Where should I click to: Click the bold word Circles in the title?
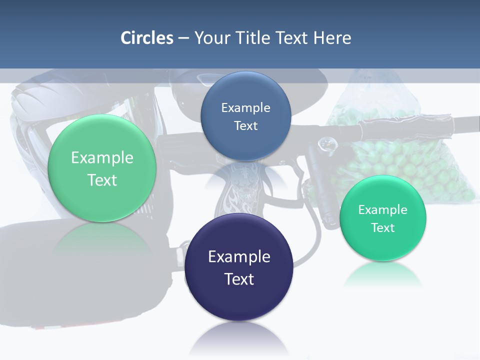point(146,38)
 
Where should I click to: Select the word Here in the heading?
point(332,38)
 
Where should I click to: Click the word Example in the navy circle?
point(239,257)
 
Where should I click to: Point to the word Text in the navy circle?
point(239,279)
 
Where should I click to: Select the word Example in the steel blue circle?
point(245,108)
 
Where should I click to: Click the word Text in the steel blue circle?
point(245,126)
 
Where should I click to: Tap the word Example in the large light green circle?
point(102,158)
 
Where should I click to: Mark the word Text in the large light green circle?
point(102,180)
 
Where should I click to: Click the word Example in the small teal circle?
point(383,210)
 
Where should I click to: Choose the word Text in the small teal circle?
point(383,228)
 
